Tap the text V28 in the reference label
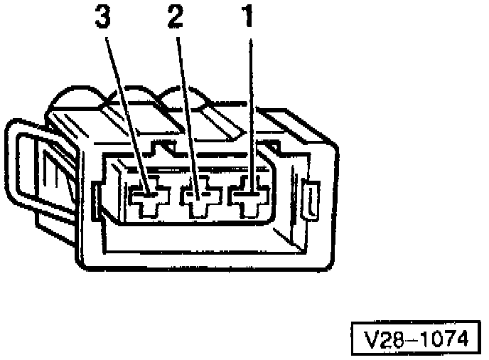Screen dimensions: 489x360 point(380,339)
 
